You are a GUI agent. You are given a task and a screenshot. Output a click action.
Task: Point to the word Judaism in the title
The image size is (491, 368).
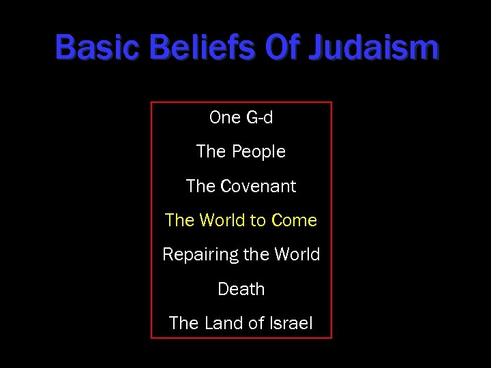coord(374,48)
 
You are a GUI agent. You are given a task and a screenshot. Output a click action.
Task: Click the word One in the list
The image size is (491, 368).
coord(225,118)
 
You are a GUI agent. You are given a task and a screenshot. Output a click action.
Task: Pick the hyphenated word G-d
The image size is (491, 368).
coord(259,118)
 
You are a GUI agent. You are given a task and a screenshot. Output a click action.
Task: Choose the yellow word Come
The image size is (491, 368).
coord(294,220)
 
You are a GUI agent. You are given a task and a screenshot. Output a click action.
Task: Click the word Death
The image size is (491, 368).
coord(241,289)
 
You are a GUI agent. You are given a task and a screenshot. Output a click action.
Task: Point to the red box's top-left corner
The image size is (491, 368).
coord(151,103)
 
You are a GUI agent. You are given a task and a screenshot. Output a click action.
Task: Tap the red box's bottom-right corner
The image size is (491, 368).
coord(331,338)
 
